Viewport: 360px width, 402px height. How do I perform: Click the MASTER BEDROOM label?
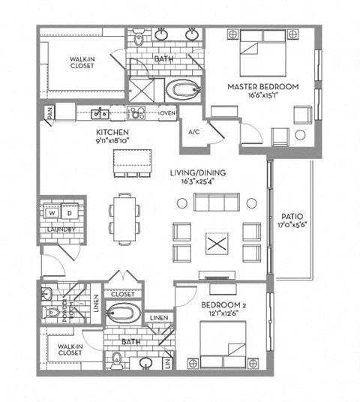[x=262, y=87]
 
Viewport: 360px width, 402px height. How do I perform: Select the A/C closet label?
[x=193, y=132]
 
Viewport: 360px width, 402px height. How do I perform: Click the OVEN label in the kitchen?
[x=167, y=113]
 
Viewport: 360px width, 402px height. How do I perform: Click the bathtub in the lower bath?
[x=123, y=313]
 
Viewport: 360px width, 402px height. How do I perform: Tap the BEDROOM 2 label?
[x=226, y=306]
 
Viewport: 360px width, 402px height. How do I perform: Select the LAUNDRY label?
[x=61, y=229]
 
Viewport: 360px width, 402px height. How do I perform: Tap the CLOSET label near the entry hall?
[x=123, y=295]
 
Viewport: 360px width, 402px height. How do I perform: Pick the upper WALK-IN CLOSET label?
[x=82, y=62]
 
